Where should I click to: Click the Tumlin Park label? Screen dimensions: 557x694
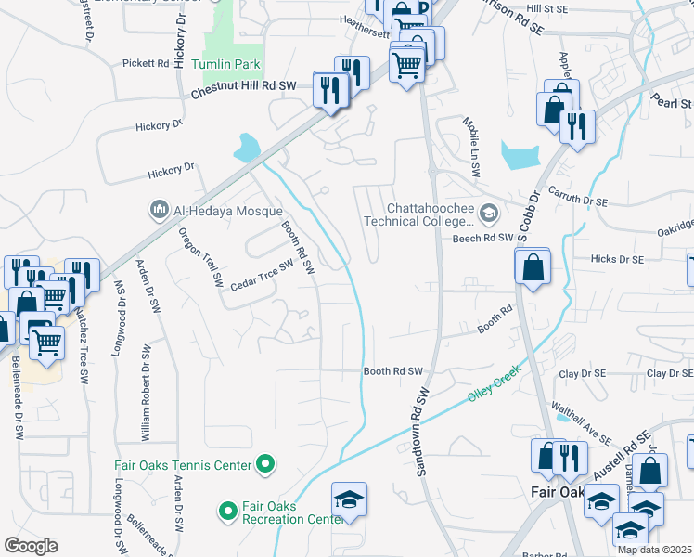[x=226, y=65]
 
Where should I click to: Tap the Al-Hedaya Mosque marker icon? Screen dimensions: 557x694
[x=159, y=210]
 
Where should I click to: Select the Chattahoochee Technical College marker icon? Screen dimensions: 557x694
[x=489, y=214]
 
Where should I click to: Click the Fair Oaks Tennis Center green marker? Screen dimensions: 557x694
[x=266, y=463]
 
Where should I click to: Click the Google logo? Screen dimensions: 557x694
[x=30, y=546]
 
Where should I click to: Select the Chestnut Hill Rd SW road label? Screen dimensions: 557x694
[x=243, y=86]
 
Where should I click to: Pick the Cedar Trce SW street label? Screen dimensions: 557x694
[x=262, y=265]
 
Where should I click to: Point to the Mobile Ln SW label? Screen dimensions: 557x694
[x=474, y=139]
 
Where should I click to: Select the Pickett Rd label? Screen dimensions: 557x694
[x=146, y=64]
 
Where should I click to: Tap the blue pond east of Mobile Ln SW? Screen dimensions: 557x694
[x=519, y=154]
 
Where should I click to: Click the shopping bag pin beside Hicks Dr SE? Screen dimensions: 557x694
[x=533, y=269]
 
